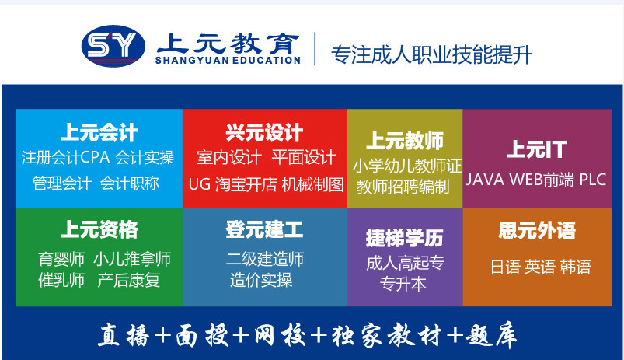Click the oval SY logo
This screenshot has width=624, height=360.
click(x=113, y=46)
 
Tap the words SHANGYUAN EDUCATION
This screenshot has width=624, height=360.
click(x=228, y=61)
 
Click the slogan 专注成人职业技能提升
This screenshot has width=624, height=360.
click(x=431, y=54)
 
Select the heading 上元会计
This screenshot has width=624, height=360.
click(x=99, y=132)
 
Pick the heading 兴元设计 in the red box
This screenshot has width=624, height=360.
click(x=264, y=132)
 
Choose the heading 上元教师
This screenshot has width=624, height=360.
click(x=405, y=141)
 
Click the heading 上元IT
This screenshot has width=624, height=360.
click(x=537, y=149)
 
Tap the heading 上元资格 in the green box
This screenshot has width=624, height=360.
click(x=99, y=229)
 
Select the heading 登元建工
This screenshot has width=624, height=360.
click(x=264, y=229)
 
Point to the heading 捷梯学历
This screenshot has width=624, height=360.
click(x=404, y=238)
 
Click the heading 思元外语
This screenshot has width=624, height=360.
click(x=537, y=230)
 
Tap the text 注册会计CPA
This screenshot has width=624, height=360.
click(x=65, y=157)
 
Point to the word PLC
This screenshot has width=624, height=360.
click(x=593, y=180)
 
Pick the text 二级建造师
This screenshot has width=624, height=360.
click(x=265, y=259)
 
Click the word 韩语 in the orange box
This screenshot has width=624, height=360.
click(x=575, y=267)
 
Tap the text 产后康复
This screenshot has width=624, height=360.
click(x=128, y=281)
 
